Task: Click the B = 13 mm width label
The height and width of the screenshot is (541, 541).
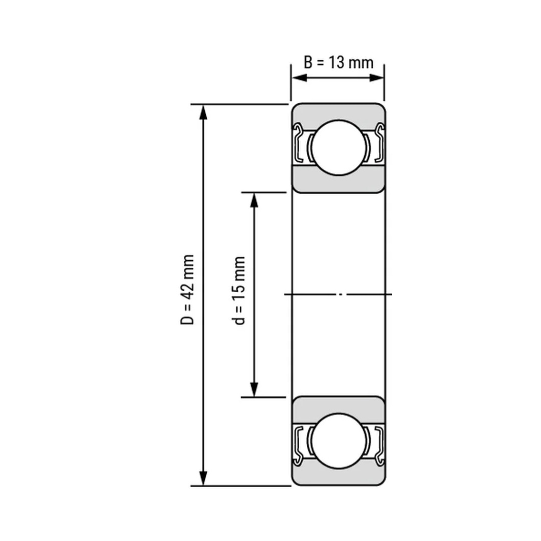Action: coord(338,63)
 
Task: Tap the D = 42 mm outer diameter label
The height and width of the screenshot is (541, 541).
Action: coord(187,290)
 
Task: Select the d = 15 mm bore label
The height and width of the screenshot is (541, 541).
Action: coord(238,290)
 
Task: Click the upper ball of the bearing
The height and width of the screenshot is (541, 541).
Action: coord(339,147)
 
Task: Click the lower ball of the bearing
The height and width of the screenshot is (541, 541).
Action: coord(339,441)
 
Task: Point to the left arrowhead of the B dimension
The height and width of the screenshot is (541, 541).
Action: coord(299,78)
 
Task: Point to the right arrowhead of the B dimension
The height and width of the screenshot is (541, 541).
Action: coord(376,78)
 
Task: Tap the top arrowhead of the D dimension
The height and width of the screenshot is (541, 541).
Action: coord(203,112)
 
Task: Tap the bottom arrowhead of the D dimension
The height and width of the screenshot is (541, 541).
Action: coord(203,477)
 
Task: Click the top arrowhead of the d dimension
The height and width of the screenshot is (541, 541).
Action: coord(254,200)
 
